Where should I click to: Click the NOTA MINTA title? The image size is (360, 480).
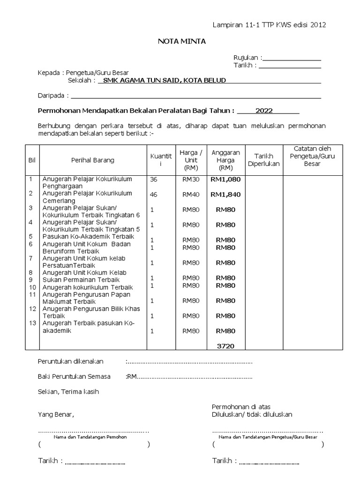181,42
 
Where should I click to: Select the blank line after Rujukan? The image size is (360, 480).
292,58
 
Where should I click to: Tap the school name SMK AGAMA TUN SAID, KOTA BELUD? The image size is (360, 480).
162,80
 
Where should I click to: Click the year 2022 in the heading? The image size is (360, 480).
264,111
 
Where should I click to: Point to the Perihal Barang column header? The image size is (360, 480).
92,160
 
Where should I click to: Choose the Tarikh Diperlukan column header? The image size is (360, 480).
263,160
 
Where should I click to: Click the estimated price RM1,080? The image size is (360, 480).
225,179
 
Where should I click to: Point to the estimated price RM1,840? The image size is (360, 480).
225,194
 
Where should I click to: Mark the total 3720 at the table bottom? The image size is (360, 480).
225,346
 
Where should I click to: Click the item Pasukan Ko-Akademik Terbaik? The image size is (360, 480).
86,237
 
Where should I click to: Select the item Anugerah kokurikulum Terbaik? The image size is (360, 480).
88,287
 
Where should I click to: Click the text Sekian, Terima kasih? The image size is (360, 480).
68,391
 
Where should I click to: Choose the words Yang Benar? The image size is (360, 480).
56,415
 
